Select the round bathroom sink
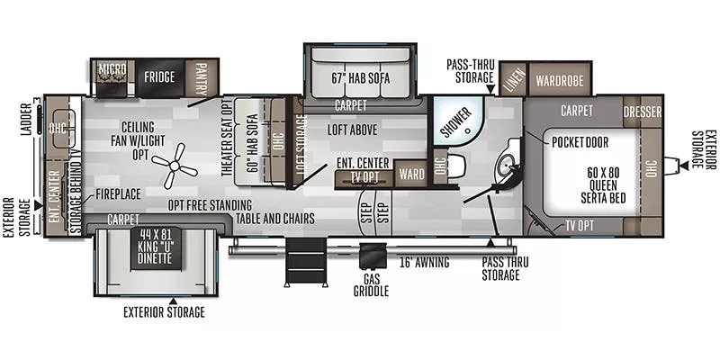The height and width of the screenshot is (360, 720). [x=509, y=165]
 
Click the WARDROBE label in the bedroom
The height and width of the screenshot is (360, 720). [x=560, y=80]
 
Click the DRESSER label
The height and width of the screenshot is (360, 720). [x=643, y=112]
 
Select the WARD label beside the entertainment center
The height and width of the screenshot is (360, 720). [x=411, y=173]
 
